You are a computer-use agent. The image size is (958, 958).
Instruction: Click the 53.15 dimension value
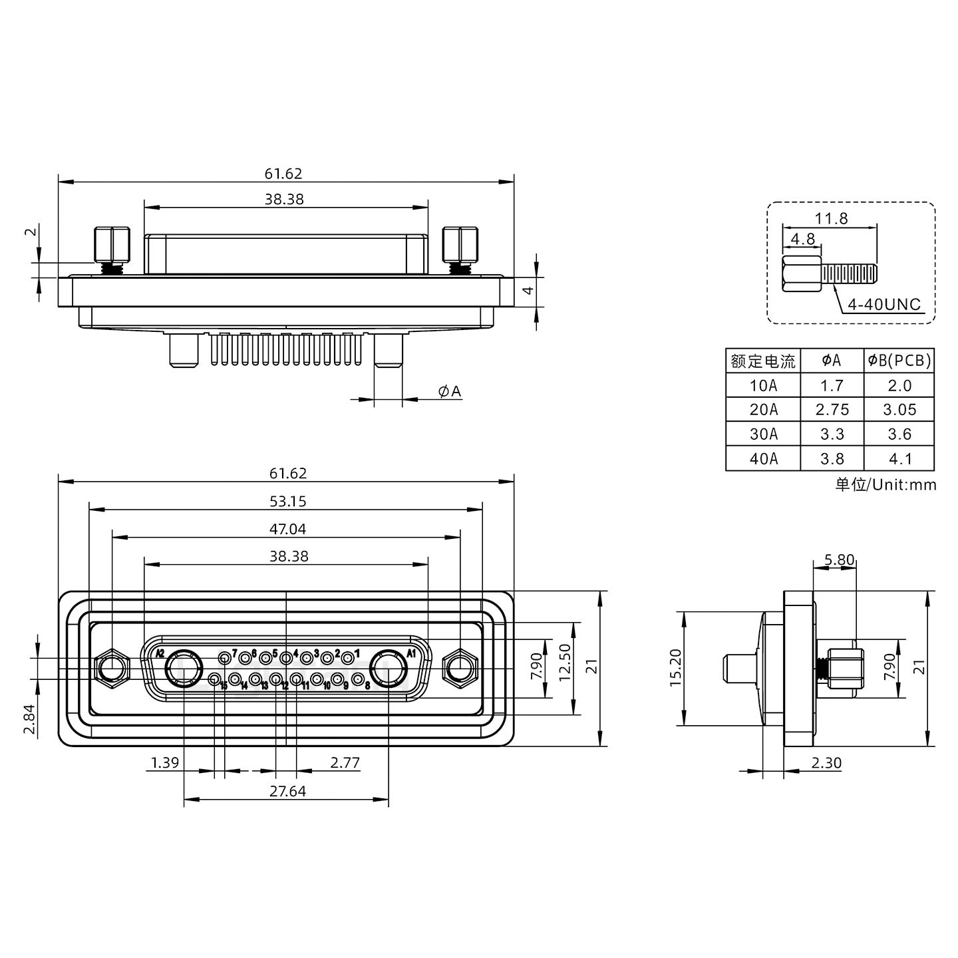tap(288, 501)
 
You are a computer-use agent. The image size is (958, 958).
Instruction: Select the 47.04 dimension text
tap(288, 529)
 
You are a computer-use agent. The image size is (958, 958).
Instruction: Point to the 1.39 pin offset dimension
tap(164, 762)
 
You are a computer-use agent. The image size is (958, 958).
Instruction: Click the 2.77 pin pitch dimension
tap(345, 762)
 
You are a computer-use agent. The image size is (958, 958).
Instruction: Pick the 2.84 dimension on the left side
tap(30, 720)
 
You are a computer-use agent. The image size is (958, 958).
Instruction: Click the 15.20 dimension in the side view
tap(675, 668)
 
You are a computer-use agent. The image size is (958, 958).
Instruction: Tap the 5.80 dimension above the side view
tap(838, 559)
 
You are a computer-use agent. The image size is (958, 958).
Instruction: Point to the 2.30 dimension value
tap(826, 762)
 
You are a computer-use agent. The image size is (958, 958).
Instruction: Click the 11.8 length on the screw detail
tap(832, 218)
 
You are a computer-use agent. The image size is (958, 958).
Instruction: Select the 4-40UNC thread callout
tap(884, 305)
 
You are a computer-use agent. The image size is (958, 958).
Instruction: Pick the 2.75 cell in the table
tap(832, 410)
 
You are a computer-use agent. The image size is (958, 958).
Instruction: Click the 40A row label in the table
tap(763, 459)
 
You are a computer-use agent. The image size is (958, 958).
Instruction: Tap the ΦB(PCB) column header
tap(899, 361)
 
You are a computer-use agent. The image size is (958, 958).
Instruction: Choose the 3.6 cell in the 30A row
tap(899, 434)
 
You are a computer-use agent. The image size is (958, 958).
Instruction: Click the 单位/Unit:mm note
tap(885, 484)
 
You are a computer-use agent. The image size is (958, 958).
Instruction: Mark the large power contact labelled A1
tap(388, 669)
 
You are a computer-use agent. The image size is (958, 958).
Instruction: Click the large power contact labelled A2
tap(184, 669)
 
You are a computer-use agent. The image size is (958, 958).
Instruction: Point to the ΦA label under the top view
tap(450, 391)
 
